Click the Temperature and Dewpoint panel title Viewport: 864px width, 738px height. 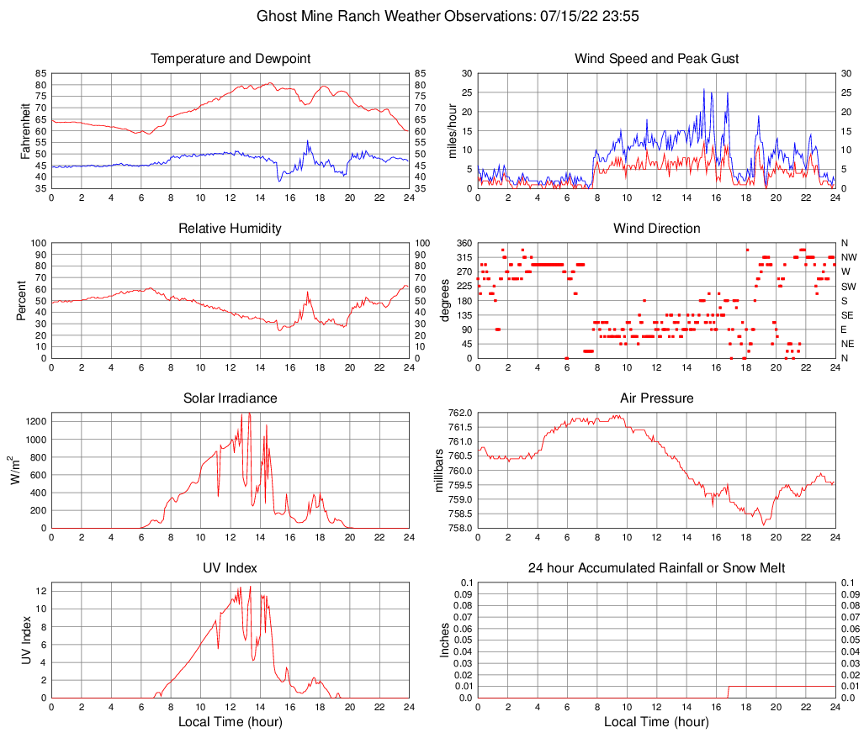click(231, 59)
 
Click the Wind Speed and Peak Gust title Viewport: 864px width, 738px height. click(656, 59)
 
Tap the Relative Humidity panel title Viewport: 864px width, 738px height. click(231, 229)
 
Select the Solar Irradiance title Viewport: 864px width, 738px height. click(231, 398)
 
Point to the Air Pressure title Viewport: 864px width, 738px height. click(656, 398)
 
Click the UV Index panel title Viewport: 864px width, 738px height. click(231, 568)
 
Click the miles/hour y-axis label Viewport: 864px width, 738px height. click(452, 130)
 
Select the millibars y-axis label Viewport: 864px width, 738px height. click(439, 470)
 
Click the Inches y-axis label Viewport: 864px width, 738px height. click(445, 640)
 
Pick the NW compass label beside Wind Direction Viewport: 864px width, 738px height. click(848, 257)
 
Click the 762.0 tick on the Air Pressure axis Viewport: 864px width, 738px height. click(459, 413)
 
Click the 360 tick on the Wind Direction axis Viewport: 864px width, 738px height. click(463, 243)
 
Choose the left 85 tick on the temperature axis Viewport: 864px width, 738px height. click(40, 73)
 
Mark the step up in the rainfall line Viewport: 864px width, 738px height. click(728, 691)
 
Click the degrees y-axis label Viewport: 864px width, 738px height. click(445, 300)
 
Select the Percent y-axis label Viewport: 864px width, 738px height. click(22, 300)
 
